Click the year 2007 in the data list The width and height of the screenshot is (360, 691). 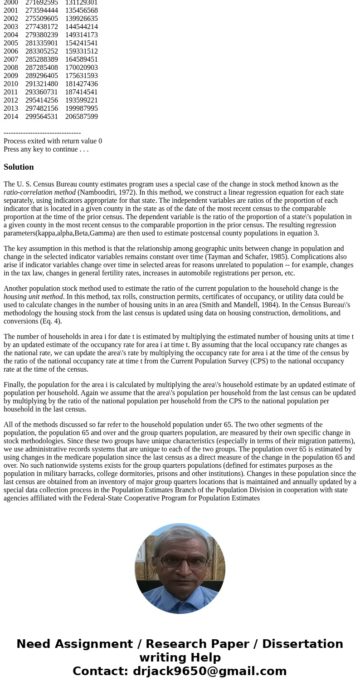11,59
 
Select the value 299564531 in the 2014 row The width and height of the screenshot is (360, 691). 42,117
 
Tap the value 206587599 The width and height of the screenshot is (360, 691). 82,117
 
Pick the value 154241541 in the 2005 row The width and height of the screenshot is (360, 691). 82,43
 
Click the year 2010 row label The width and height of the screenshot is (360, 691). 11,84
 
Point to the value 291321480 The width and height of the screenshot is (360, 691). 42,84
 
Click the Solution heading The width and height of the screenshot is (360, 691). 19,167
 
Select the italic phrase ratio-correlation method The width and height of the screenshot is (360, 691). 39,192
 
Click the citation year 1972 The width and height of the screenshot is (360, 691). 126,192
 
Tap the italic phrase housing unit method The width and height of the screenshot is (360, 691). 33,297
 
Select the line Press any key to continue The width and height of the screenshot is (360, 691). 46,149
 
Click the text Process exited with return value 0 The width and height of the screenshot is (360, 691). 53,141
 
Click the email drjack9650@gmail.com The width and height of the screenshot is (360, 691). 209,671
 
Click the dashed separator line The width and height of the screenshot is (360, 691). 42,133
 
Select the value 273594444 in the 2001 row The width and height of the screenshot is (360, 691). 42,10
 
